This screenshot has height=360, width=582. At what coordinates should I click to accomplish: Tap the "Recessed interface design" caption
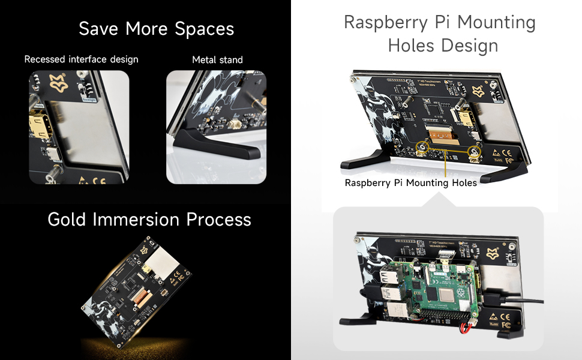point(81,59)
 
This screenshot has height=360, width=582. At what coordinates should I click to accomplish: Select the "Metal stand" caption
point(217,59)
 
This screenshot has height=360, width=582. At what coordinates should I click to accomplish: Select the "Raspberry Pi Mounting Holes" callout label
point(410,183)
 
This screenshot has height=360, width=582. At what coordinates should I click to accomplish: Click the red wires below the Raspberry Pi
point(465,328)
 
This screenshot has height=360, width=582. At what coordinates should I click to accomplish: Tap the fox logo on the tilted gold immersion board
point(145,249)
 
